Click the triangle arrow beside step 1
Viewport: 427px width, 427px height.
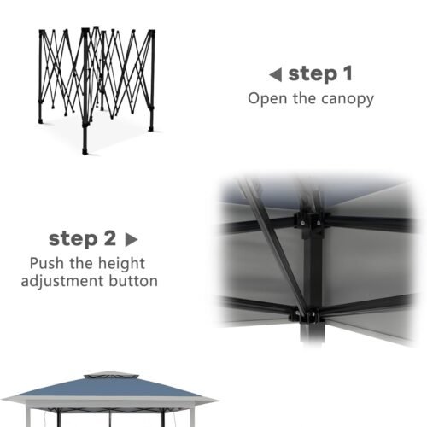click(x=276, y=75)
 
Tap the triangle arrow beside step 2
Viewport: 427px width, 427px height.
click(x=132, y=240)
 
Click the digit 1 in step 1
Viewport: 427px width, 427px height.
click(x=348, y=73)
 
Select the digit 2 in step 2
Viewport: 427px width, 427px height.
click(x=110, y=238)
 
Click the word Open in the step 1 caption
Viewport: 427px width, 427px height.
click(x=267, y=98)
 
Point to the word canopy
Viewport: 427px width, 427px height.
click(x=348, y=100)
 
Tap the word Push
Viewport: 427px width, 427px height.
click(x=47, y=263)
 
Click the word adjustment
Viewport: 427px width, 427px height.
click(x=62, y=281)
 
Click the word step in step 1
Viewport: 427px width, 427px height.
click(x=313, y=74)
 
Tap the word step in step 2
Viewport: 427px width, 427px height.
click(x=73, y=239)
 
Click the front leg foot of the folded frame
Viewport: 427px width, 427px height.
click(x=85, y=150)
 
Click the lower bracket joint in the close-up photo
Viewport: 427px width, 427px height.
click(x=307, y=315)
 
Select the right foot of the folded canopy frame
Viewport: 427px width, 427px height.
click(x=151, y=129)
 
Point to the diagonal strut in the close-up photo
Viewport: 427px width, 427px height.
click(x=272, y=245)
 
